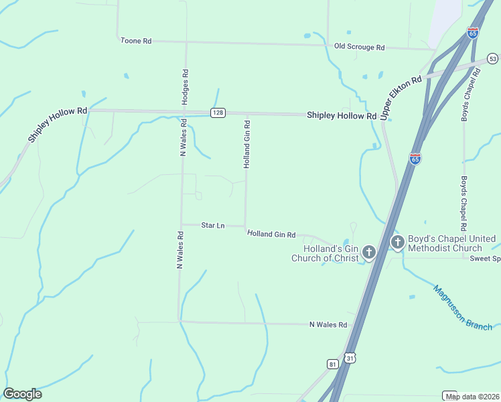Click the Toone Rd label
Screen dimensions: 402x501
pyautogui.click(x=135, y=41)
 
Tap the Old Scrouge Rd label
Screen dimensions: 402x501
pyautogui.click(x=359, y=47)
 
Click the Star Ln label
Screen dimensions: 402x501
pyautogui.click(x=212, y=226)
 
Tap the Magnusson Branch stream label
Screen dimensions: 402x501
pyautogui.click(x=462, y=308)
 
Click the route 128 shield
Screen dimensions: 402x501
pyautogui.click(x=217, y=113)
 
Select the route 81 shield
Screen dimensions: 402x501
pyautogui.click(x=333, y=363)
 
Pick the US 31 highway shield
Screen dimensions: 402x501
pyautogui.click(x=350, y=358)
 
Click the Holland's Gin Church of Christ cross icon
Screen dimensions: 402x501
pyautogui.click(x=368, y=253)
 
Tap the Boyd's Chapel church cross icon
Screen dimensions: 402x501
pyautogui.click(x=397, y=242)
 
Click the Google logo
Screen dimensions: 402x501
pyautogui.click(x=22, y=393)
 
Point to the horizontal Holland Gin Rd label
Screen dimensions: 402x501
pyautogui.click(x=271, y=234)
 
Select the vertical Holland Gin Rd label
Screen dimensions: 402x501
pyautogui.click(x=246, y=143)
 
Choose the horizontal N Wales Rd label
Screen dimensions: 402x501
pyautogui.click(x=328, y=324)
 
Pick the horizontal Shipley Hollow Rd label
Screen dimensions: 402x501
pyautogui.click(x=342, y=115)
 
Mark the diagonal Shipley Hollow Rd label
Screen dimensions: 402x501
pyautogui.click(x=58, y=125)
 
